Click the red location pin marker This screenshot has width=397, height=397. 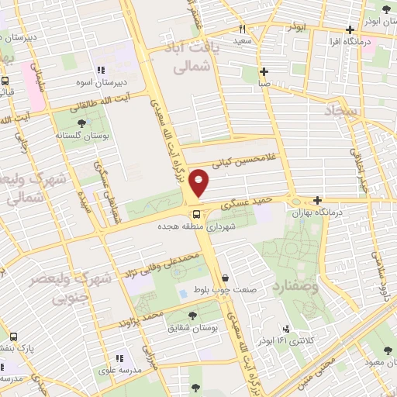pos(200,183)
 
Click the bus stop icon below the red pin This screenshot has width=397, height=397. pos(195,213)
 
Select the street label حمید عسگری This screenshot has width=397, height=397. pos(247,203)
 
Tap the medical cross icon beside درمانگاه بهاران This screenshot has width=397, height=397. pos(317,200)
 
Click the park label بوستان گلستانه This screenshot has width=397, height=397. pos(83,134)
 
